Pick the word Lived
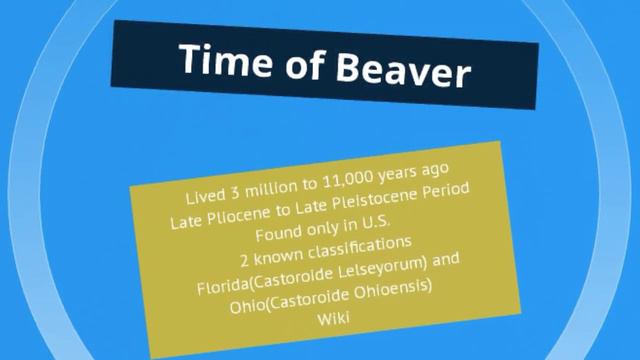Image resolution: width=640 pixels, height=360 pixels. (x=204, y=192)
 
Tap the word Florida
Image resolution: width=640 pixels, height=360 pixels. (x=225, y=281)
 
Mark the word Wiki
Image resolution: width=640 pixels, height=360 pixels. (x=331, y=319)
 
